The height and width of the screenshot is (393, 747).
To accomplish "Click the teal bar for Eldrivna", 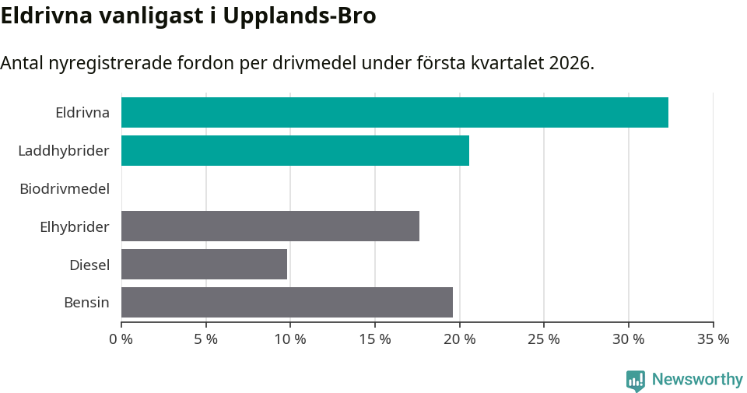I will (x=395, y=112).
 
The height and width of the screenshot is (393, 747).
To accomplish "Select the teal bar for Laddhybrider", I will (x=295, y=150).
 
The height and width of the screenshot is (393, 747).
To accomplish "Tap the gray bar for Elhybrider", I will (x=270, y=226).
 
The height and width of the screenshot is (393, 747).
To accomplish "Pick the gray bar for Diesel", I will (x=204, y=264).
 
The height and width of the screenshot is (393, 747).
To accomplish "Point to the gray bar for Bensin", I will (x=287, y=302).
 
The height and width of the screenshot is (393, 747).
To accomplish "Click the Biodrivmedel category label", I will (x=65, y=188).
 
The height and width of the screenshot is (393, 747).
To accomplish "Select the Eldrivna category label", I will (x=82, y=112).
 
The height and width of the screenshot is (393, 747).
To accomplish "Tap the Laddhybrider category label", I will (x=64, y=150).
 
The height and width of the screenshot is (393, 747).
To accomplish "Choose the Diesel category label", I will (x=89, y=265).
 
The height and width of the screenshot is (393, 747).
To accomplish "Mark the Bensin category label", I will (x=86, y=303).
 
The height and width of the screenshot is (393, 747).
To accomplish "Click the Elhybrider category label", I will (x=75, y=226).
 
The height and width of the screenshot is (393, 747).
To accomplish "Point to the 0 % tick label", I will (x=121, y=339).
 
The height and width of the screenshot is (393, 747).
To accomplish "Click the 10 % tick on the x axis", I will (x=290, y=339).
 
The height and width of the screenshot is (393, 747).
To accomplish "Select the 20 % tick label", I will (x=459, y=339).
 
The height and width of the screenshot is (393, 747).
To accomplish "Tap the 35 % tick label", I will (x=713, y=339).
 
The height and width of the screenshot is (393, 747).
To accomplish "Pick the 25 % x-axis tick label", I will (x=544, y=339).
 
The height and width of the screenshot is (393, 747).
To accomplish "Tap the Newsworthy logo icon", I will (x=636, y=381).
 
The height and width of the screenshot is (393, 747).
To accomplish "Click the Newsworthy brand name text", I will (x=697, y=380).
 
